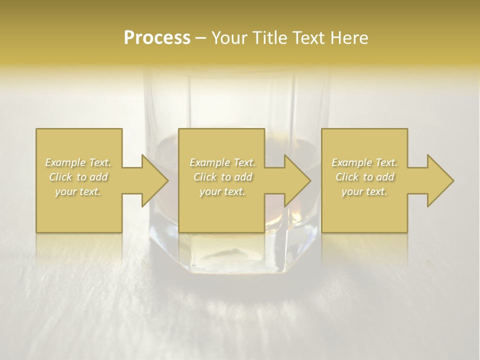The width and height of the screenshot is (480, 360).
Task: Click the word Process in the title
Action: (x=157, y=38)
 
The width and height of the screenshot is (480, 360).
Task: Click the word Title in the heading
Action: (x=268, y=38)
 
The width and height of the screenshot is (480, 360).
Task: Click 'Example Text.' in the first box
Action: (x=78, y=162)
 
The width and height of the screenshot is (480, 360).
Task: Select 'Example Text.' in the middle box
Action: (x=222, y=162)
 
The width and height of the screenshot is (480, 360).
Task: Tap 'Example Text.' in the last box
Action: (x=364, y=162)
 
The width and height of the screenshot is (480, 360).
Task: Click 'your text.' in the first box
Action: (x=78, y=191)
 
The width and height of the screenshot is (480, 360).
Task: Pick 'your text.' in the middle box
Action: (x=222, y=191)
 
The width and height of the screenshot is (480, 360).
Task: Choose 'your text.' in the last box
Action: (x=364, y=191)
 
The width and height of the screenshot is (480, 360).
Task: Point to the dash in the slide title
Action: (x=200, y=38)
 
